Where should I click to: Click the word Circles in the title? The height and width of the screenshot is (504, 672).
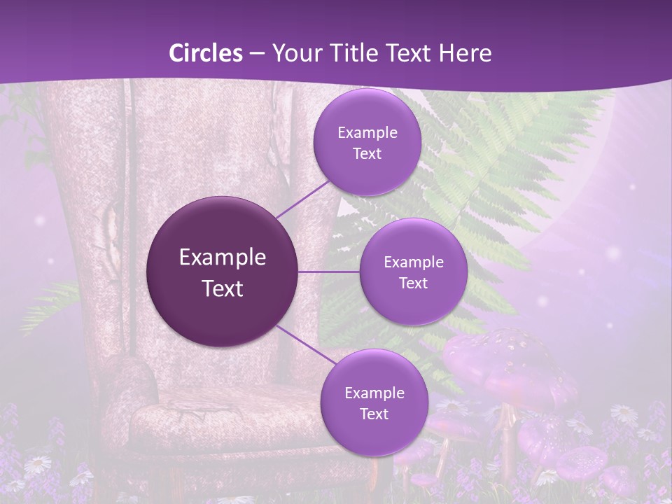[x=205, y=53]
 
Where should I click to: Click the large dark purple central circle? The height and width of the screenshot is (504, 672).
[x=223, y=272]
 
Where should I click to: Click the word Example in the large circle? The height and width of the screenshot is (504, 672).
[x=223, y=258]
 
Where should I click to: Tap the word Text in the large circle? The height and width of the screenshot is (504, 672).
[x=223, y=288]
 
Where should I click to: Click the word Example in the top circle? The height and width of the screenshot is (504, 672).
[x=367, y=133]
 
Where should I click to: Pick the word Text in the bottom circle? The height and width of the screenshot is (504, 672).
[x=374, y=414]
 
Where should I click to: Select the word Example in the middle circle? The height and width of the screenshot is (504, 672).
[x=414, y=262]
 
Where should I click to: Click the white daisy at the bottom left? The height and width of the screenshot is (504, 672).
[x=39, y=463]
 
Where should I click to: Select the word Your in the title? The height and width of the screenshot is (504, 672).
[x=295, y=53]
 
